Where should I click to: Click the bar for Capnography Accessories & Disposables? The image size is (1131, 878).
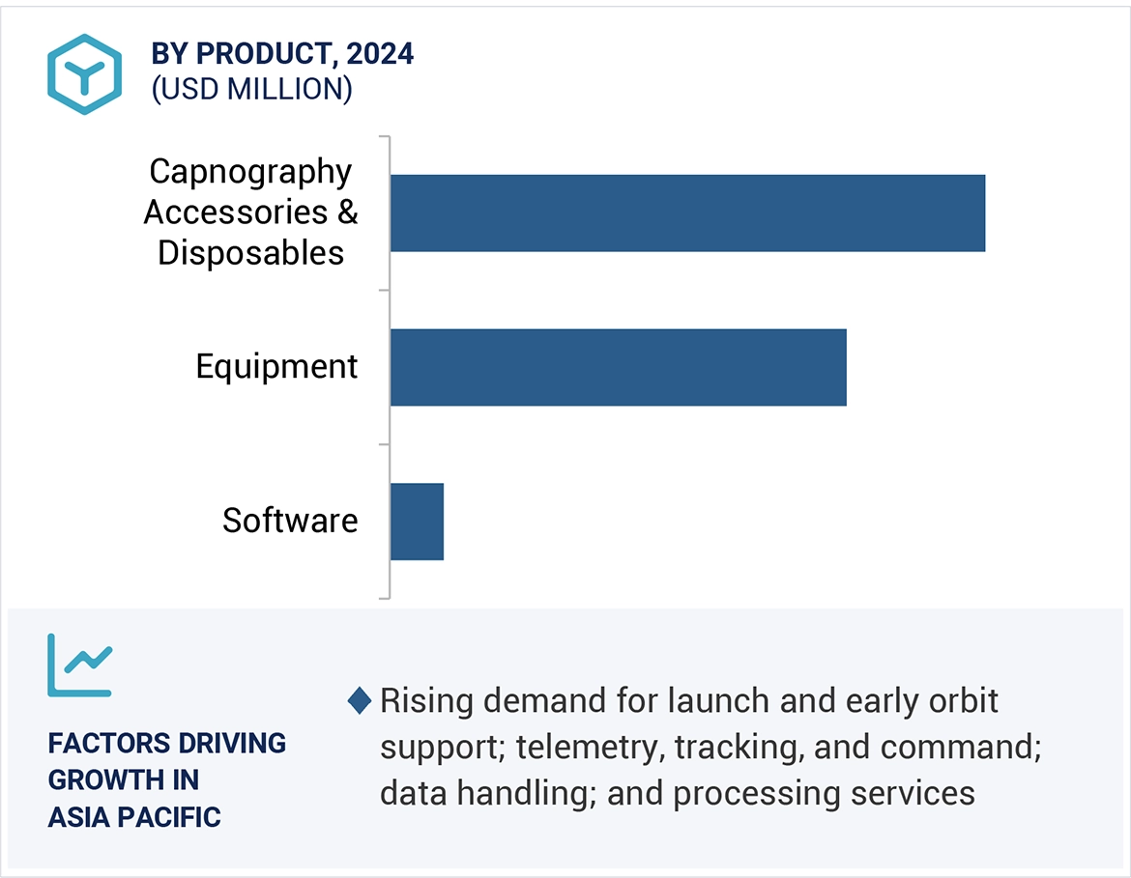tap(687, 213)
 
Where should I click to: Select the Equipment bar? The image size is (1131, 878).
tap(618, 367)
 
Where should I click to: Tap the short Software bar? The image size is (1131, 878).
tap(417, 522)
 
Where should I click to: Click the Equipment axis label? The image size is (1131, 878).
tap(276, 367)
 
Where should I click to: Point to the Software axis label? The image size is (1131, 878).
tap(290, 521)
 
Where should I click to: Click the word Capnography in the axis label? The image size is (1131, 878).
tap(250, 172)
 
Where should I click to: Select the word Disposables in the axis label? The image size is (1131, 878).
tap(250, 253)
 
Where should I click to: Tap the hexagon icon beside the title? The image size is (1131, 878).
tap(85, 74)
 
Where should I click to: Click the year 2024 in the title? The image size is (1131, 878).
tap(380, 54)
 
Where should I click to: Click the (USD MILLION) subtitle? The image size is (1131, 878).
tap(251, 89)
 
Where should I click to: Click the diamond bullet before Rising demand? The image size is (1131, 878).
tap(360, 701)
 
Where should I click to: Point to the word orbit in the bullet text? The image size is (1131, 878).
tap(958, 701)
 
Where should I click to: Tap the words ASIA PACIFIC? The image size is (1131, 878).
tap(134, 817)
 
